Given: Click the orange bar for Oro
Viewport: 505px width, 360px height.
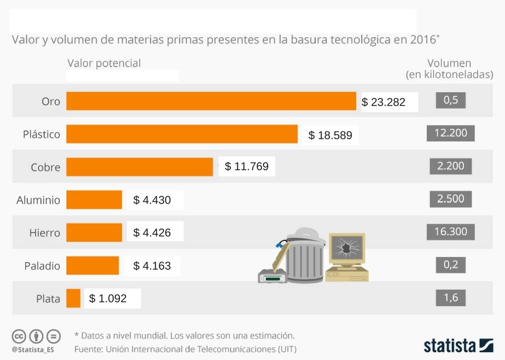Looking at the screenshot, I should click(x=211, y=101).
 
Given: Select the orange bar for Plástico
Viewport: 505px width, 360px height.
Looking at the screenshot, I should click(x=182, y=134).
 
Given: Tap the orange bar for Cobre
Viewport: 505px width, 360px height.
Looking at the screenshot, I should click(x=139, y=167).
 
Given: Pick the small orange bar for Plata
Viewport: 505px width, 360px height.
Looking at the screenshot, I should click(x=73, y=298).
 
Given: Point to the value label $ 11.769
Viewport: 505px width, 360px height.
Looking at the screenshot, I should click(x=247, y=166).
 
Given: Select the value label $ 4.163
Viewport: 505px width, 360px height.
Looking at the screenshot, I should click(x=153, y=266).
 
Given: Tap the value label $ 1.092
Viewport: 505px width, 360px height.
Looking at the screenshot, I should click(x=108, y=298).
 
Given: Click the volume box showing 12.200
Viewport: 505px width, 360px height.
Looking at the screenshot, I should click(x=451, y=133).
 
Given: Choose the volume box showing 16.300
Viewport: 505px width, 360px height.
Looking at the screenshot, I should click(x=451, y=232).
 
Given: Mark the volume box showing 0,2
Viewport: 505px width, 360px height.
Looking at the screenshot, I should click(x=451, y=265).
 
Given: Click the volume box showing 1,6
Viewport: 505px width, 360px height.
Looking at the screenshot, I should click(x=451, y=298).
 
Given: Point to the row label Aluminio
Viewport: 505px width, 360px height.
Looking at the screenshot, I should click(x=38, y=200).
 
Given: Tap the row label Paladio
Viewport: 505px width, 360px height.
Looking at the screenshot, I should click(x=42, y=266).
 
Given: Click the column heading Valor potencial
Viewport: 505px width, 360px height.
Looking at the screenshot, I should click(x=104, y=63).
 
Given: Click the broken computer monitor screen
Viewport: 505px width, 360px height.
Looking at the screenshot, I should click(x=347, y=249).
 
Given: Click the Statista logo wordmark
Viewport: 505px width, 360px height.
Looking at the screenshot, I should click(x=450, y=346).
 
